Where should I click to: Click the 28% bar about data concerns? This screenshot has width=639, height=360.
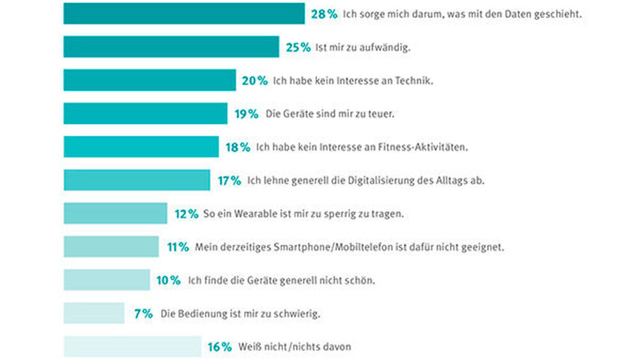(184, 13)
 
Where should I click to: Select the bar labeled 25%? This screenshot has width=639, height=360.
(171, 47)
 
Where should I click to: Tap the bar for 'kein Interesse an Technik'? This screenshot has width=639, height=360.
(150, 80)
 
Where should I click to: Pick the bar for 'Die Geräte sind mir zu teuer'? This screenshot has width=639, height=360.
(145, 113)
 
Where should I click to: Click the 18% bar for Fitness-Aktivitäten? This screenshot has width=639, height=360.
(141, 146)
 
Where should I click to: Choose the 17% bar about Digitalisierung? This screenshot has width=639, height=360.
(137, 180)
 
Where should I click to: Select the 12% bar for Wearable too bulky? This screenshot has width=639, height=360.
(115, 214)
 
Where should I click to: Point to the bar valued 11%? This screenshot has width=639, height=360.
(111, 247)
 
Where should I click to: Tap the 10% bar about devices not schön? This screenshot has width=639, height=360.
(107, 280)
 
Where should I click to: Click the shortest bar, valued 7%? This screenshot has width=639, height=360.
(94, 313)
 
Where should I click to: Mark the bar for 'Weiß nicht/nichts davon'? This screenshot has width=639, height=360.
(132, 347)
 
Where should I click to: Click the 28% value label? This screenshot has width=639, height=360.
(324, 14)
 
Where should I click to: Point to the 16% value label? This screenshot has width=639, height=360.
(219, 347)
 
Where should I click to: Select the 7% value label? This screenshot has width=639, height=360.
(143, 314)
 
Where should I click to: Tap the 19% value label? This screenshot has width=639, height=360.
(246, 114)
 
